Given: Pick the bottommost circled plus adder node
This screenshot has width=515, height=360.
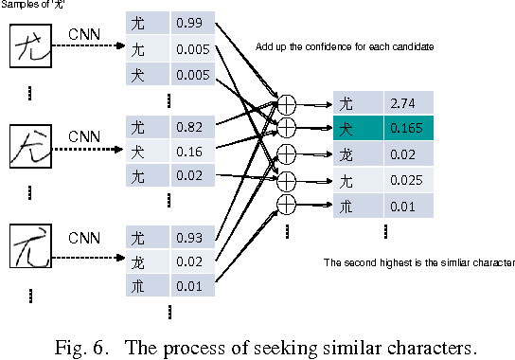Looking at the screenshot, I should [x=284, y=203].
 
